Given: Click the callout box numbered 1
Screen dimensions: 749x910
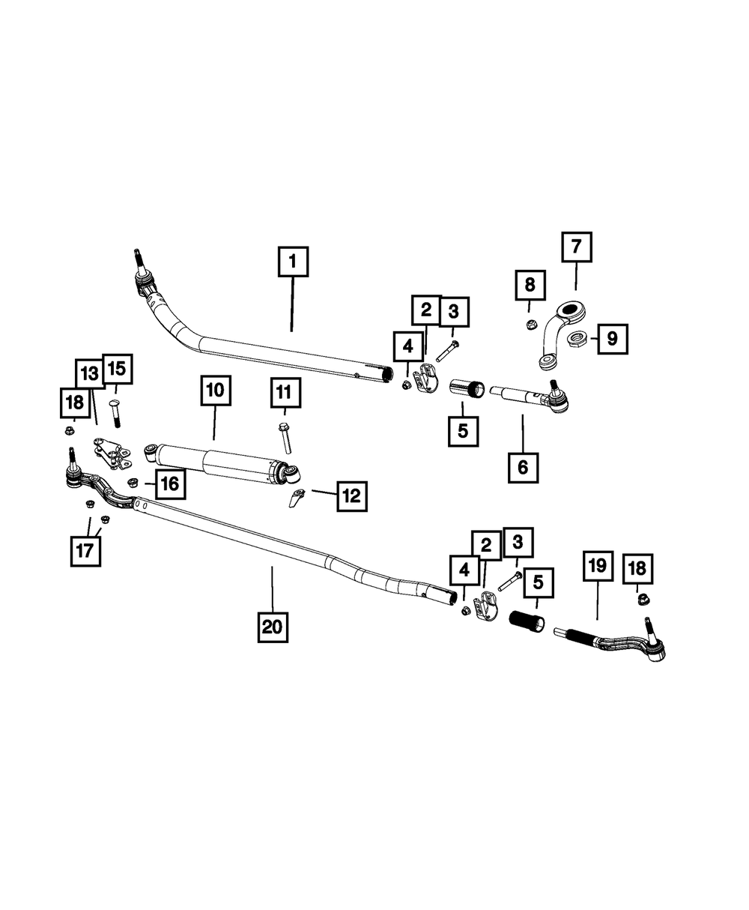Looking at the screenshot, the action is click(293, 262).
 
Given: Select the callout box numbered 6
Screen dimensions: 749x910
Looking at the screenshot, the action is click(523, 468).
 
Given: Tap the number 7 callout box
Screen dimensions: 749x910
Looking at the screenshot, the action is click(577, 247).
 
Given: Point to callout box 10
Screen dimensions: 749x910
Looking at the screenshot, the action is click(216, 391).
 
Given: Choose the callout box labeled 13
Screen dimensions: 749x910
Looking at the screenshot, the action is click(89, 374).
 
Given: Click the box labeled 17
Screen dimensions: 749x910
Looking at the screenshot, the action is click(85, 551).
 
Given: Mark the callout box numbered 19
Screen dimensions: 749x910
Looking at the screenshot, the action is click(598, 566).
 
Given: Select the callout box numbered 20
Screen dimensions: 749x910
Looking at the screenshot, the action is click(273, 627).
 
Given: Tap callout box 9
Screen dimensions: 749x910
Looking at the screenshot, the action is click(612, 339).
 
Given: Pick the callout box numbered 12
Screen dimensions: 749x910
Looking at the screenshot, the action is click(352, 496).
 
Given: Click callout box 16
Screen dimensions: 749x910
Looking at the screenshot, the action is click(170, 483).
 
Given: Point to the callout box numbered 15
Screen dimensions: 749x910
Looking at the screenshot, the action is click(117, 369).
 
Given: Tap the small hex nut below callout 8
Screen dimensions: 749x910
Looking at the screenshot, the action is click(530, 325).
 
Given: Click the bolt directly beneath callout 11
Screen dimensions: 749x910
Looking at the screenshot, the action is click(285, 438).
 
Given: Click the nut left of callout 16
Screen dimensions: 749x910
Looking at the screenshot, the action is click(132, 483).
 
